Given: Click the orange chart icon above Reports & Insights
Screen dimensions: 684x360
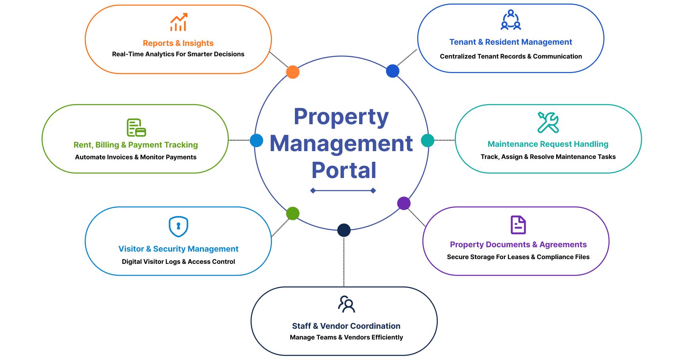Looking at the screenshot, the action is [x=179, y=22].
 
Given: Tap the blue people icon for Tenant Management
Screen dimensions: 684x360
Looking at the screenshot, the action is [x=511, y=20].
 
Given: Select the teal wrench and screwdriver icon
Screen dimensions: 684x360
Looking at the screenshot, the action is [x=548, y=122].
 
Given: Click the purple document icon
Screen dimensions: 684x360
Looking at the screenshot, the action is [x=518, y=225].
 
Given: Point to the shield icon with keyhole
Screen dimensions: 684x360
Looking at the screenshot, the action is [x=179, y=226].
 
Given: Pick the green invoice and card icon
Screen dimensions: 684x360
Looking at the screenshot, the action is [x=136, y=127].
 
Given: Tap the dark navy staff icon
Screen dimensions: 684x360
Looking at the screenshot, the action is [x=346, y=304].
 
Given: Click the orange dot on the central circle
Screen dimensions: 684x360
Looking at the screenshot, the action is [x=293, y=72].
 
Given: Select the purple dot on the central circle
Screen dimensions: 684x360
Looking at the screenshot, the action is [x=404, y=203].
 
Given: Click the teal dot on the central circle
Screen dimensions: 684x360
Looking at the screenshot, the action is [x=427, y=140].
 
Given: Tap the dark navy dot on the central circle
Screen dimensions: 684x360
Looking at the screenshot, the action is [x=344, y=230].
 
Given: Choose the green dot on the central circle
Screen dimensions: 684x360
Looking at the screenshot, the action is [x=293, y=213].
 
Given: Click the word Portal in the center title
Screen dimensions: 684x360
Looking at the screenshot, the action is [x=344, y=170].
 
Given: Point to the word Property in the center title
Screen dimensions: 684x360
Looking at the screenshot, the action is [x=341, y=117].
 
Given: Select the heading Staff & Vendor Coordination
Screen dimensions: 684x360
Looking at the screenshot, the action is [x=346, y=326].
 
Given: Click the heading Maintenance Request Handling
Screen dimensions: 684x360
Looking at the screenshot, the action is [x=548, y=144].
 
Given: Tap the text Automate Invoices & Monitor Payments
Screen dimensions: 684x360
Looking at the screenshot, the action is [x=136, y=157].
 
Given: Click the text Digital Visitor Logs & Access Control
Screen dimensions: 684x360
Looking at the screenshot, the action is [x=179, y=261].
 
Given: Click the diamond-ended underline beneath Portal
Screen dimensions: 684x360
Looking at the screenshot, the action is [x=343, y=191].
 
